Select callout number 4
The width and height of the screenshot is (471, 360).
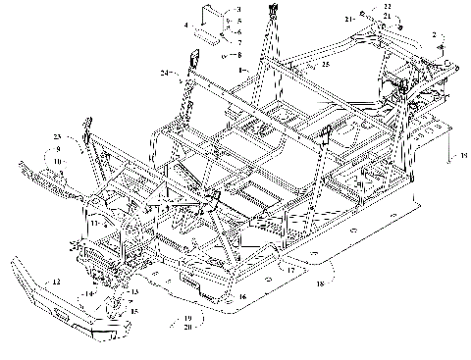(x=184, y=22)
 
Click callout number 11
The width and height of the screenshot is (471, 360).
(x=93, y=224)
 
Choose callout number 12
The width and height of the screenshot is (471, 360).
(x=56, y=282)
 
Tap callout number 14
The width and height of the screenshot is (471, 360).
(x=86, y=293)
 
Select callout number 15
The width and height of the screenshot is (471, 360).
(x=135, y=312)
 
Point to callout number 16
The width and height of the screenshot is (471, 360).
(x=243, y=295)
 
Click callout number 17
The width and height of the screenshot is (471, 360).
(x=290, y=268)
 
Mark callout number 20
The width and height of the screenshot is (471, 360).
(x=187, y=328)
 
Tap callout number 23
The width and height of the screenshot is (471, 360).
(x=57, y=135)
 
